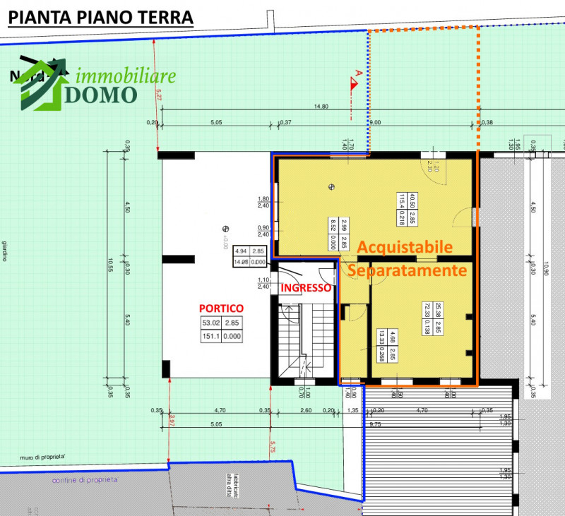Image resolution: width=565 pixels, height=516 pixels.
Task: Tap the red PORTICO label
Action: tap(221, 308)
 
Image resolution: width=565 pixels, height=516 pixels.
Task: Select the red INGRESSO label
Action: tap(306, 288)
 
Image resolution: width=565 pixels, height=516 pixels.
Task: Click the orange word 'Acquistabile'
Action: tap(403, 247)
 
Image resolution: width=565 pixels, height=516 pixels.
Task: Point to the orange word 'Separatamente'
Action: tap(408, 270)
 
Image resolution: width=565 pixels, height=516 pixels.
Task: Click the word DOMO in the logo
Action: tap(100, 95)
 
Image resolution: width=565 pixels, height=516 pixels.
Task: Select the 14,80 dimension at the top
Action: tap(321, 107)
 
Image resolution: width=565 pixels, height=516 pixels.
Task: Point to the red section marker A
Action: tap(357, 74)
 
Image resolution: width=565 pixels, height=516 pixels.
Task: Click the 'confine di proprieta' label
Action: tap(85, 480)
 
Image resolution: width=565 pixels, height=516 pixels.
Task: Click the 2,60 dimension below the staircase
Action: tap(306, 410)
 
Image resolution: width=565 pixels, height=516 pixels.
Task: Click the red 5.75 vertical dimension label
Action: tap(273, 445)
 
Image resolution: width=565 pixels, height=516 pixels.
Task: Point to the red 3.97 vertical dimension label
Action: tap(171, 424)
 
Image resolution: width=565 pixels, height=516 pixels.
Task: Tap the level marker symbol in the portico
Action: tap(226, 228)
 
